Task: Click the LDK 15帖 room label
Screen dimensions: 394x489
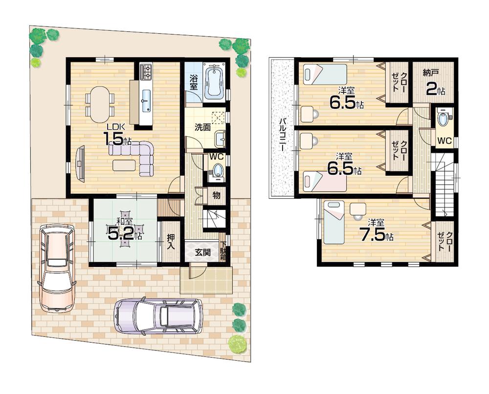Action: pos(117,136)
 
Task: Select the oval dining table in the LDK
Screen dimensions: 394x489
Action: pos(100,104)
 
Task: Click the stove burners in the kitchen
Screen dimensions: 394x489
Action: pos(146,72)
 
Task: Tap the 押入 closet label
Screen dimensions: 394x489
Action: pos(170,241)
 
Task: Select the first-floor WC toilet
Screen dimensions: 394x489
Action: pos(217,170)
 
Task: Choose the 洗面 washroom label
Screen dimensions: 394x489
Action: pos(202,128)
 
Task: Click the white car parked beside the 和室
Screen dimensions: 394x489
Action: pos(57,267)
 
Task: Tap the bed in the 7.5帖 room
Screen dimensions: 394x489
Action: pos(334,222)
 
